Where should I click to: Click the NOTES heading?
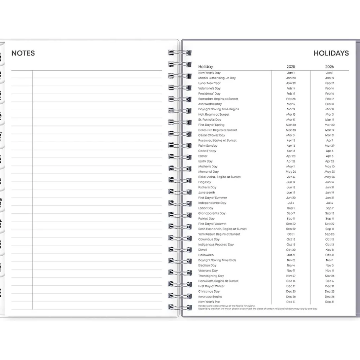click(23, 53)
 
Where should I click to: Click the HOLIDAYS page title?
click(331, 53)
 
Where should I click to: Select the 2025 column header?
click(291, 67)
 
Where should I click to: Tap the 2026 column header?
click(329, 67)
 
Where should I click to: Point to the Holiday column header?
click(206, 67)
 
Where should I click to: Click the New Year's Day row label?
click(209, 73)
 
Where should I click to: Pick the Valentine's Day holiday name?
click(209, 88)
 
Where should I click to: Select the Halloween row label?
click(206, 255)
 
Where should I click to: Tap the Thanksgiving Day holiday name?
click(211, 276)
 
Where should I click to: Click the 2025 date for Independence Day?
click(291, 203)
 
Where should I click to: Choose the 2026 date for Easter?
click(329, 156)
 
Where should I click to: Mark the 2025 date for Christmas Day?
click(291, 291)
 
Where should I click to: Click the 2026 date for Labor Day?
click(329, 208)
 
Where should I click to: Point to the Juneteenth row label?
click(207, 193)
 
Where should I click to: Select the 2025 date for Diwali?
click(291, 250)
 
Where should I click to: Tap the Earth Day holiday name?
click(205, 162)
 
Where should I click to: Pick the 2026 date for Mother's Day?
click(329, 167)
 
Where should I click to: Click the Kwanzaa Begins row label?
click(210, 297)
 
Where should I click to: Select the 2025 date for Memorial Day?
click(291, 172)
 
